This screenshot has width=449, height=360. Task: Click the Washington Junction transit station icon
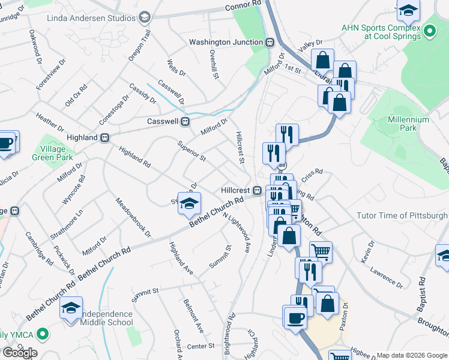pyautogui.click(x=271, y=42)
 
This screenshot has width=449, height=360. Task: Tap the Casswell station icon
pyautogui.click(x=185, y=121)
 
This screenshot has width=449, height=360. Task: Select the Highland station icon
pyautogui.click(x=104, y=137)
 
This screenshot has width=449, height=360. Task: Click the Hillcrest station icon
pyautogui.click(x=257, y=190)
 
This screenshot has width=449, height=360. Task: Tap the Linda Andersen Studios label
pyautogui.click(x=91, y=17)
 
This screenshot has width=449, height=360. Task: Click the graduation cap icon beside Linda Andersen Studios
pyautogui.click(x=144, y=17)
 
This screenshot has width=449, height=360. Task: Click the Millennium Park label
pyautogui.click(x=408, y=124)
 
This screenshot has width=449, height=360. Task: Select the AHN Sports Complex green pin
pyautogui.click(x=429, y=31)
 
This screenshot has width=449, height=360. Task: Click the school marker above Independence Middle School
pyautogui.click(x=72, y=308)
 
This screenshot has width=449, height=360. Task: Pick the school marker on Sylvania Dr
pyautogui.click(x=189, y=204)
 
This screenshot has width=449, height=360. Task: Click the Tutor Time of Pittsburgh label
pyautogui.click(x=402, y=215)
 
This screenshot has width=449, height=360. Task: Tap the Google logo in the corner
pyautogui.click(x=20, y=352)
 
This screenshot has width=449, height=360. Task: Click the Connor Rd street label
pyautogui.click(x=244, y=6)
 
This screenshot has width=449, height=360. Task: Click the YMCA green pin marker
pyautogui.click(x=42, y=334)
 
